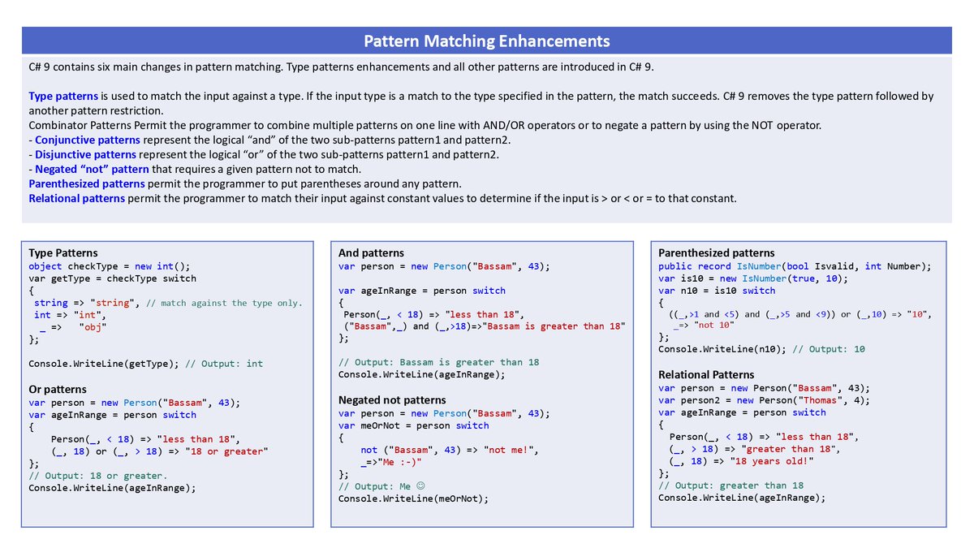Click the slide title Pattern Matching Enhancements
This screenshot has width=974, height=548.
[486, 41]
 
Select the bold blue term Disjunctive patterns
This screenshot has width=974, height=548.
[84, 154]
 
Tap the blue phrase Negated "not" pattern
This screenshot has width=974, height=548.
[92, 169]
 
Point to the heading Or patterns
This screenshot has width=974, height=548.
[58, 389]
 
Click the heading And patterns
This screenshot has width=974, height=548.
[371, 252]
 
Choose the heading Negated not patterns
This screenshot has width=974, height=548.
[392, 399]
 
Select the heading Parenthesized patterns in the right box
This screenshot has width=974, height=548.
[716, 252]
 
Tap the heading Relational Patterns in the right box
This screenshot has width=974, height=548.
[706, 374]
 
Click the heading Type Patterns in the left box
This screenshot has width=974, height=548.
[63, 252]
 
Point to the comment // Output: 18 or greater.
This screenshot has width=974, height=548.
[98, 476]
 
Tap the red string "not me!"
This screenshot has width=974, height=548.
[510, 450]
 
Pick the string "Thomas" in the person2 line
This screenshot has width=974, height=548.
[811, 399]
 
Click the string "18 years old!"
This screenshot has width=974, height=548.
[766, 461]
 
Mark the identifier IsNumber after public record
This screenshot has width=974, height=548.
[757, 266]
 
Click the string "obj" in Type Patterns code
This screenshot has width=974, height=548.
[93, 327]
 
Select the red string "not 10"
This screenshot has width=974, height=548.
[714, 325]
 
